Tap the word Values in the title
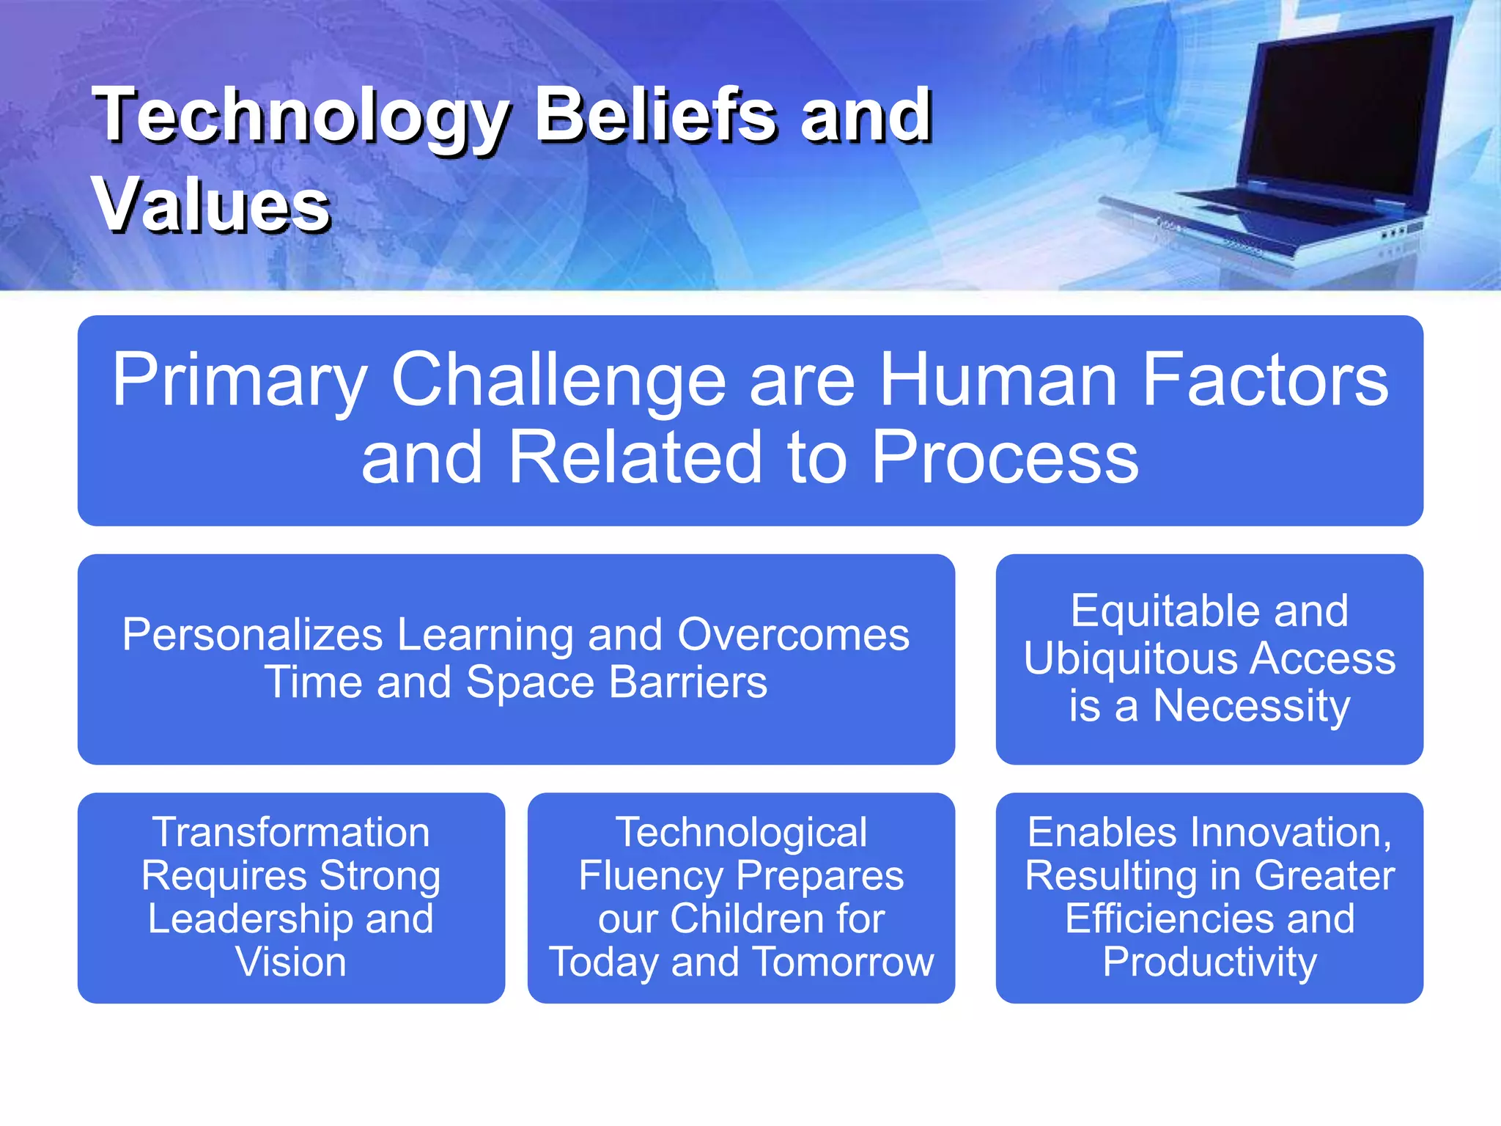coord(211,207)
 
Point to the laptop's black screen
coord(1334,110)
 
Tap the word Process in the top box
coord(1005,457)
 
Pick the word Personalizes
coord(252,634)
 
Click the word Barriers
coord(688,682)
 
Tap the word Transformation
coord(291,833)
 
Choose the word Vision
coord(291,962)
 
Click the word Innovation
coord(1289,833)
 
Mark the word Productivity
coord(1209,962)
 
